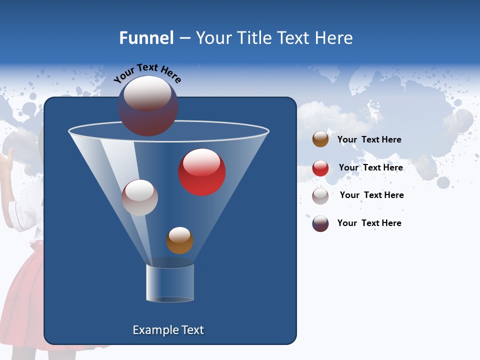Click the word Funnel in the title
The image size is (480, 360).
coord(146,38)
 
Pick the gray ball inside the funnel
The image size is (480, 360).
coord(139,198)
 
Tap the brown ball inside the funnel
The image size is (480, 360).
coord(179,241)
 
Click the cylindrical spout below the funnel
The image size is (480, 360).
coord(170,283)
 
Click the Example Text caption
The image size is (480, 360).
coord(168,330)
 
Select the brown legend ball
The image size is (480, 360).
coord(320,139)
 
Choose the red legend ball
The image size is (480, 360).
coord(320,168)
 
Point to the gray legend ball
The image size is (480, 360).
coord(320,196)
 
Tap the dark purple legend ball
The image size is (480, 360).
coord(320,224)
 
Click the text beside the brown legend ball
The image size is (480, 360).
coord(369,139)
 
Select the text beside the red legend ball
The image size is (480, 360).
coord(370,167)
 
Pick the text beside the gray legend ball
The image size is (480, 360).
coord(371,195)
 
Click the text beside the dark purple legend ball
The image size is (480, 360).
coord(369,223)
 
